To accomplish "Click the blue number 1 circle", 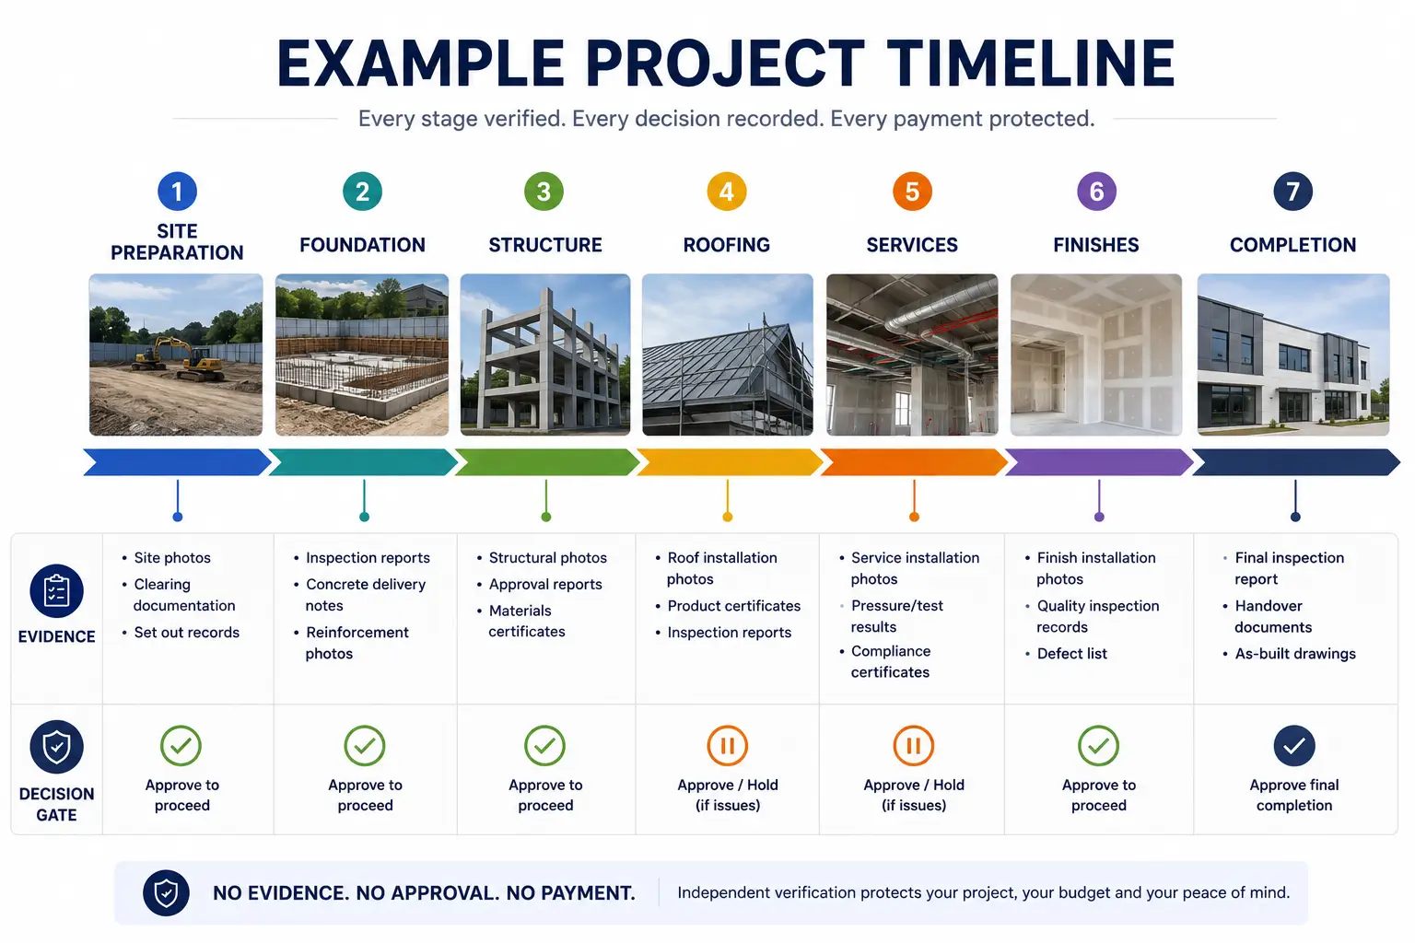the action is [x=177, y=192].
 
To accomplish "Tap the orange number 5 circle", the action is [x=912, y=192].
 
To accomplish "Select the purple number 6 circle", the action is [x=1096, y=192].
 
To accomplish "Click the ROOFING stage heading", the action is [x=727, y=245].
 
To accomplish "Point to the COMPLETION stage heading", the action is [x=1293, y=245].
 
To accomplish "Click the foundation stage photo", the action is [x=362, y=355].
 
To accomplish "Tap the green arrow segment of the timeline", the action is [x=547, y=462].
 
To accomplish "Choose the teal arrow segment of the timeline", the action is [x=363, y=462].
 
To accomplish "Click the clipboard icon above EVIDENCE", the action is [x=57, y=591].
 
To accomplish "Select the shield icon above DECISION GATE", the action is [x=57, y=747].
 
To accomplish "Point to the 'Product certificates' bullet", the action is [x=728, y=606].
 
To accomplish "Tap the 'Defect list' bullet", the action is [x=1066, y=654].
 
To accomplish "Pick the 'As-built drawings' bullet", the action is [x=1290, y=654].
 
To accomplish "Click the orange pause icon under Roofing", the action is [x=728, y=746].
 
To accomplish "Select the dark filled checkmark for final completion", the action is [x=1294, y=746].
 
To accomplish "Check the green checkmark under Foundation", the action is [x=365, y=746].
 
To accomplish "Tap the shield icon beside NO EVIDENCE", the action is [x=166, y=893].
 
